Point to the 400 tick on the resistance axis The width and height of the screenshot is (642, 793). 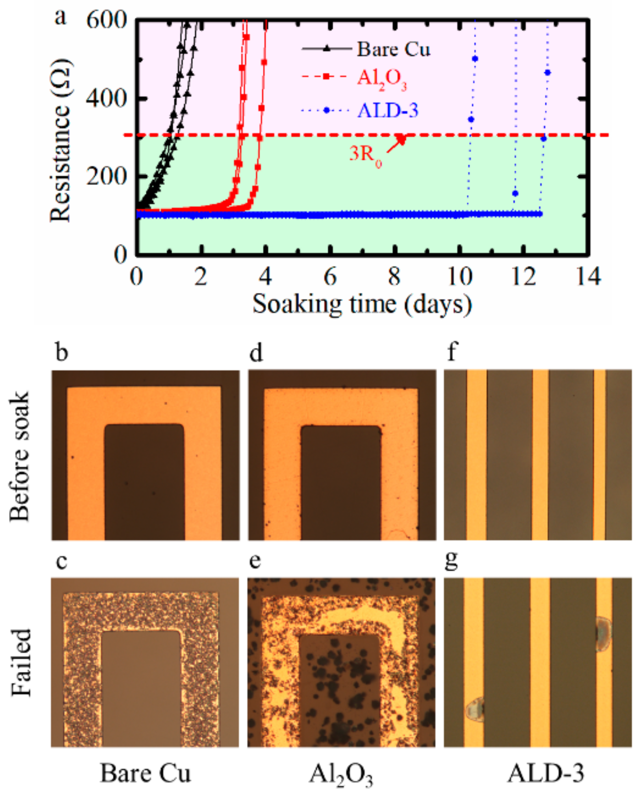pyautogui.click(x=106, y=99)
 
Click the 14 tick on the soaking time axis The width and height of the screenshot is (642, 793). pyautogui.click(x=589, y=276)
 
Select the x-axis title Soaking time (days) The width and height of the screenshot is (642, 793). pyautogui.click(x=362, y=304)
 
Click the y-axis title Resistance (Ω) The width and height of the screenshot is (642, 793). pyautogui.click(x=60, y=141)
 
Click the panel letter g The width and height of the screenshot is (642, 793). pyautogui.click(x=450, y=560)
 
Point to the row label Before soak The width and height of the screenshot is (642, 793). pyautogui.click(x=20, y=456)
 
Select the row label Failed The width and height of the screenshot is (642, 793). pyautogui.click(x=21, y=662)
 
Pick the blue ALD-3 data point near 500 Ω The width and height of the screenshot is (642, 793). pyautogui.click(x=475, y=59)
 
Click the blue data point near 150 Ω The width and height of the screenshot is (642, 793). pyautogui.click(x=515, y=193)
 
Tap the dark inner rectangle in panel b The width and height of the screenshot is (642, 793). pyautogui.click(x=144, y=481)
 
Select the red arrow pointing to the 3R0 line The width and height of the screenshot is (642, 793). pyautogui.click(x=396, y=144)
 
